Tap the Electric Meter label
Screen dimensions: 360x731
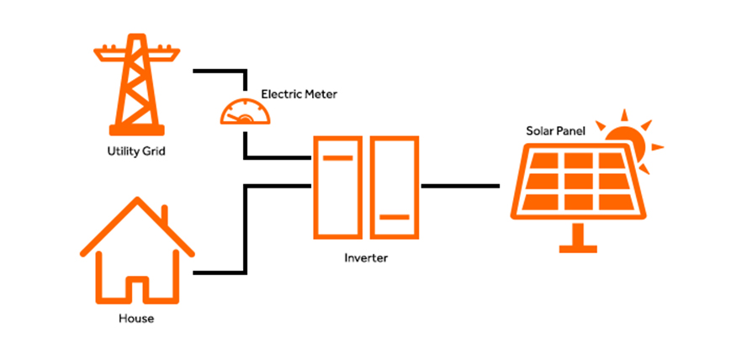[x=299, y=95]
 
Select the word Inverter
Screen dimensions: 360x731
[x=365, y=258]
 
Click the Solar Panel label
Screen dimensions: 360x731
[x=556, y=131]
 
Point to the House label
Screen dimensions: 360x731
[x=136, y=320]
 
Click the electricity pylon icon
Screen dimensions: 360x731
[x=137, y=88]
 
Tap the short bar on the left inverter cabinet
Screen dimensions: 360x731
[x=338, y=157]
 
